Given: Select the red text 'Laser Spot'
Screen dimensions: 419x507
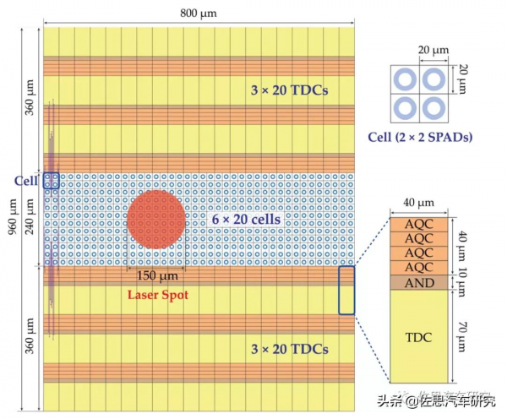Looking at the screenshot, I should click(x=158, y=295).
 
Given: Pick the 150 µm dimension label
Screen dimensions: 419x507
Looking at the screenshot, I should click(x=157, y=275).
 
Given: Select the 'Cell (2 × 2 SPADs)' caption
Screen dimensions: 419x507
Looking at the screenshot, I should click(x=420, y=137).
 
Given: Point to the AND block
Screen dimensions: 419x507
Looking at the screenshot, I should click(x=422, y=283).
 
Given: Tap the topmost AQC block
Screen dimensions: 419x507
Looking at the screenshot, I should click(x=422, y=226).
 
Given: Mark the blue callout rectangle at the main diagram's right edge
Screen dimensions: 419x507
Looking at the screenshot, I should click(x=346, y=290).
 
